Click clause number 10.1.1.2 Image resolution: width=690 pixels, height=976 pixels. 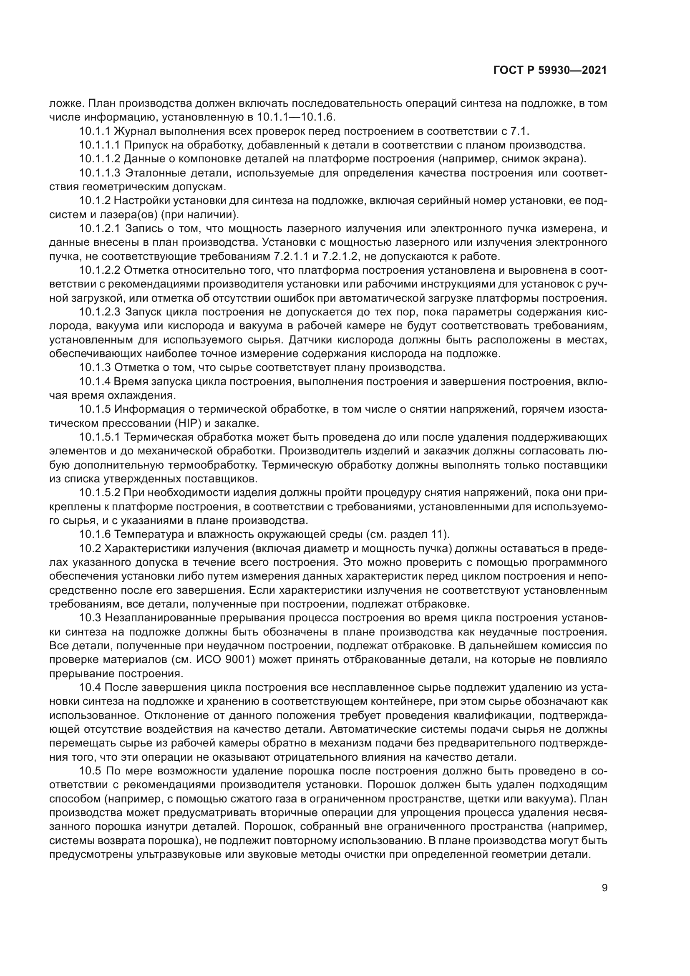tap(100, 159)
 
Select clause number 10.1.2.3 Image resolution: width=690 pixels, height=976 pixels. tap(100, 312)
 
